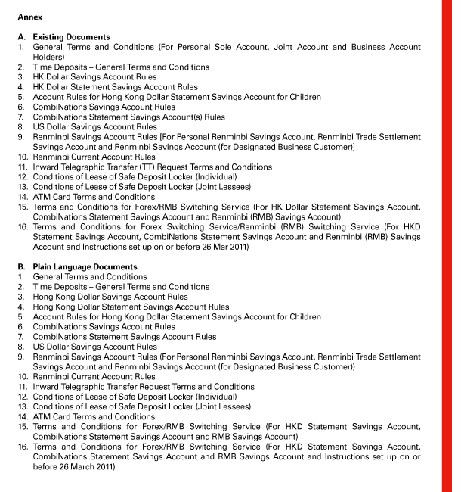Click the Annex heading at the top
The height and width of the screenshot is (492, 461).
[30, 14]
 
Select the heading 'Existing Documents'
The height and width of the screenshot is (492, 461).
[71, 37]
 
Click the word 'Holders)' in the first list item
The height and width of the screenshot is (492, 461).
[49, 57]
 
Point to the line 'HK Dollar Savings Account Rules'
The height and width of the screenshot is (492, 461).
[94, 77]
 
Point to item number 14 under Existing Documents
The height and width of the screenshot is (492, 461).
[23, 197]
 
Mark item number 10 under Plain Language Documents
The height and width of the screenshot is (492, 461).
[23, 377]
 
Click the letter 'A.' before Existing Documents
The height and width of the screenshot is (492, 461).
[21, 37]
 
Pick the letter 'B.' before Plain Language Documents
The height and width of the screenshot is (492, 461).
[21, 267]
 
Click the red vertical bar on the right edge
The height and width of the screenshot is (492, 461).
[450, 246]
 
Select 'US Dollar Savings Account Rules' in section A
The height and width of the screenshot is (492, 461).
[94, 127]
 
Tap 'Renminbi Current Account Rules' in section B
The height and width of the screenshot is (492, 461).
[94, 377]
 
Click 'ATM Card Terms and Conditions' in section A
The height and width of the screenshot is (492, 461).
[94, 197]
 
